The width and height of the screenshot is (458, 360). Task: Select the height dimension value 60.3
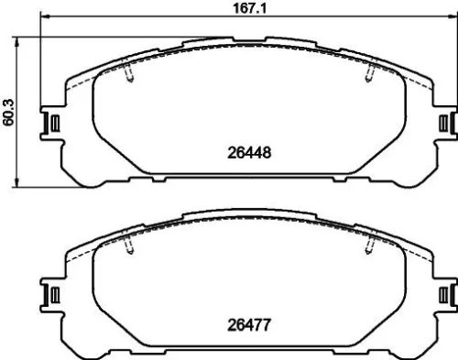coord(9,111)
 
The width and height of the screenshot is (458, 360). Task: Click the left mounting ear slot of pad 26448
coord(53,123)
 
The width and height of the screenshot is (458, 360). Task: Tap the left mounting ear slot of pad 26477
coord(53,294)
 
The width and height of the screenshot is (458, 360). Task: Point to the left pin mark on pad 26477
coord(129,245)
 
